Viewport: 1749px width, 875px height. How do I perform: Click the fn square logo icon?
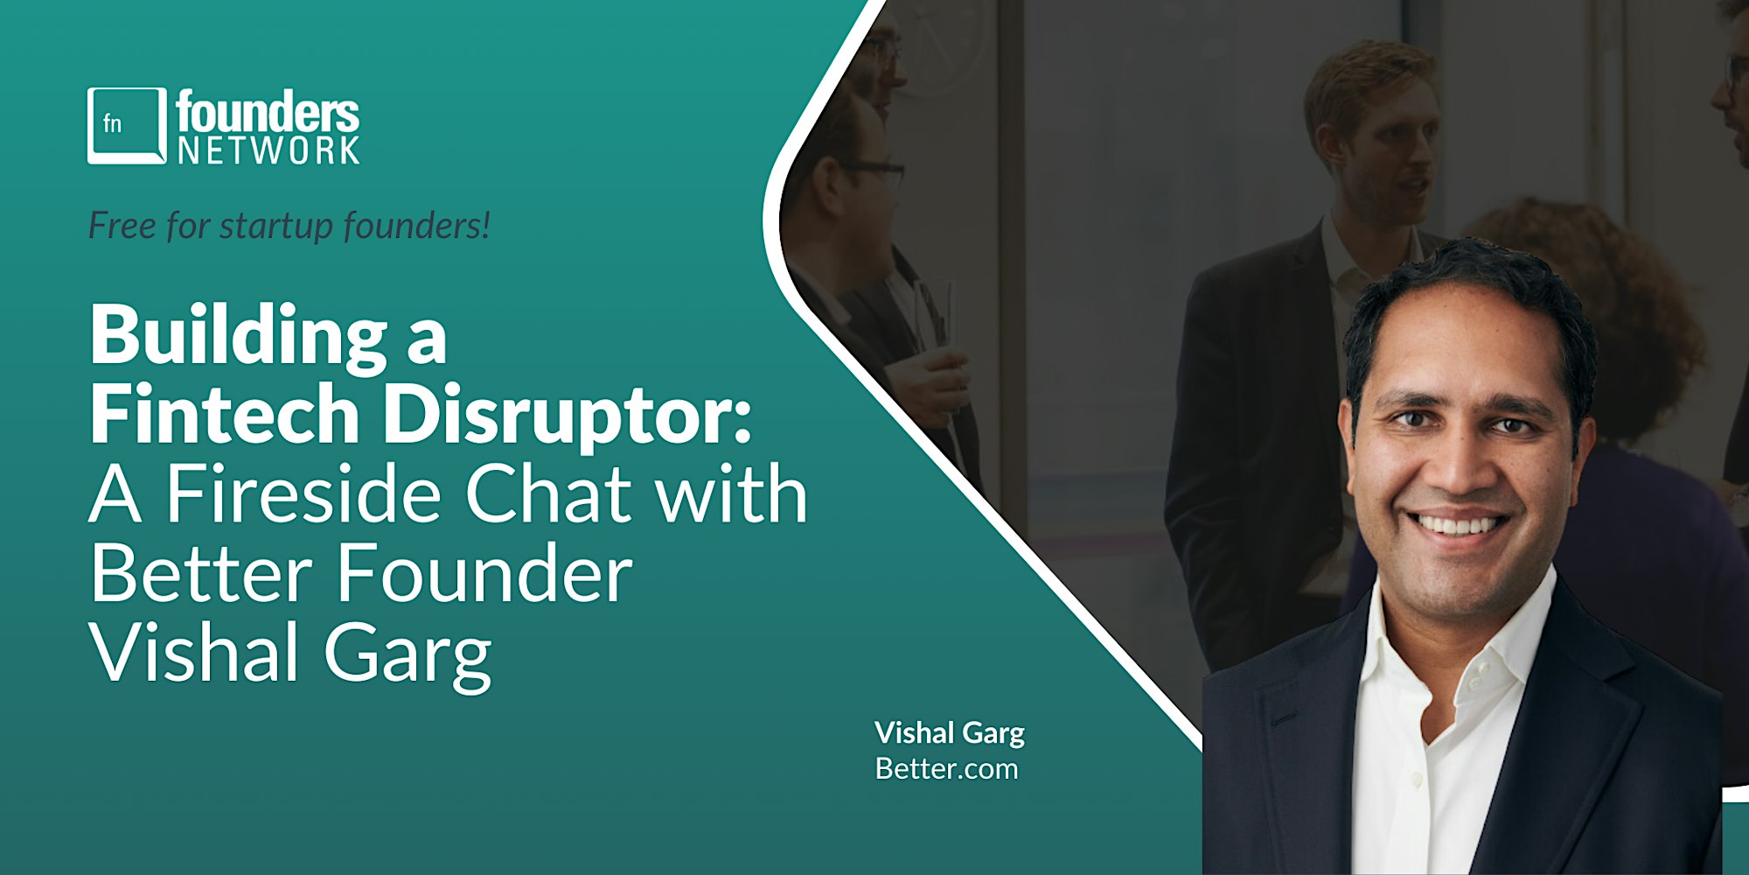(x=127, y=125)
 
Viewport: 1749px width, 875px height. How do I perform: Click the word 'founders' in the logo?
(x=268, y=113)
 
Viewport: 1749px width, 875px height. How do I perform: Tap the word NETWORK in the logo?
(x=268, y=150)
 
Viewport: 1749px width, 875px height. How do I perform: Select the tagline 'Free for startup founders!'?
(x=289, y=226)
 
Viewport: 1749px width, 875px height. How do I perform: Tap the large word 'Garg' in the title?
(x=408, y=658)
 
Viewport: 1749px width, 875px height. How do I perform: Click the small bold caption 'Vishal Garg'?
(x=950, y=733)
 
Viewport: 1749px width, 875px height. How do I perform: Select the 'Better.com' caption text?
(x=946, y=769)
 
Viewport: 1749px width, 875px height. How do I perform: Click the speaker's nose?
(x=1456, y=464)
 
